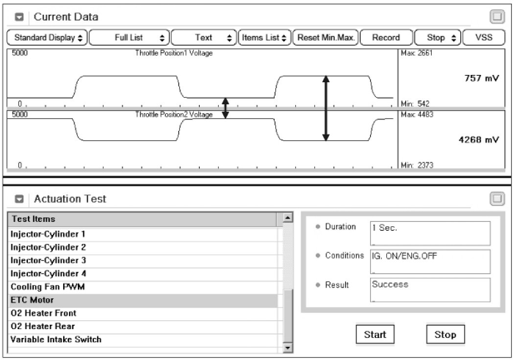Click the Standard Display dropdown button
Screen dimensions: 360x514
(48, 38)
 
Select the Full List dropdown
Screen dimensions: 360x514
(129, 38)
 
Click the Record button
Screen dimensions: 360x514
(386, 38)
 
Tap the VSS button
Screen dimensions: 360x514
(484, 38)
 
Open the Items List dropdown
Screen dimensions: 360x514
(264, 38)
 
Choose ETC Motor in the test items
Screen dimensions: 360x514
(32, 300)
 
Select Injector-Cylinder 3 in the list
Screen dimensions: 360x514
(48, 261)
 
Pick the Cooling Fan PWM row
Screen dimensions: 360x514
(47, 287)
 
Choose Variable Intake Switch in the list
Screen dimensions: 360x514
(56, 339)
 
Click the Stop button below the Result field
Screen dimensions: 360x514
(445, 335)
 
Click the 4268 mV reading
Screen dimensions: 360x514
(479, 140)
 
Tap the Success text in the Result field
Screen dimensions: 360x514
(390, 284)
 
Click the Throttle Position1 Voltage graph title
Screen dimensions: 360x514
(174, 53)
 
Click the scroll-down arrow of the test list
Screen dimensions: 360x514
(288, 347)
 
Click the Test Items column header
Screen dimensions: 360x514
(33, 219)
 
